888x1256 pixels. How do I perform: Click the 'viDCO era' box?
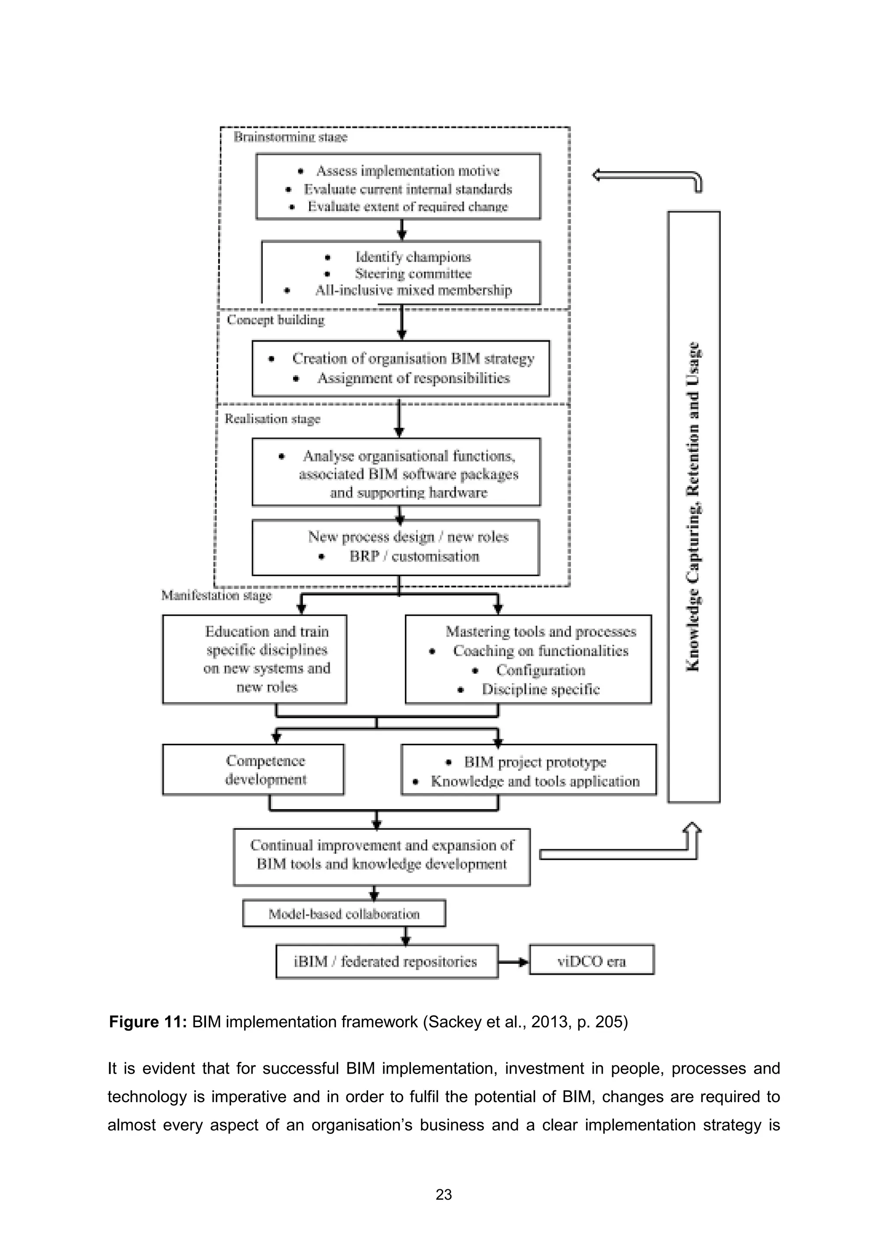[591, 962]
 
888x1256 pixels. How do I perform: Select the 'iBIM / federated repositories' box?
[386, 962]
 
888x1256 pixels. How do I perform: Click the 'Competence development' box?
[253, 770]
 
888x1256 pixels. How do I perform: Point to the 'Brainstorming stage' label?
[291, 137]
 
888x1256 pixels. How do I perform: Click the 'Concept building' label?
[276, 320]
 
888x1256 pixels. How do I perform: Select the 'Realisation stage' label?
[272, 419]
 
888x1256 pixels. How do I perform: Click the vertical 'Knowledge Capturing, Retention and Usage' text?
[693, 506]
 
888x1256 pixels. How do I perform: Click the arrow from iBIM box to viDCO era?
[513, 962]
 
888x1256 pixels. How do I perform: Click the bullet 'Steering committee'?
[413, 273]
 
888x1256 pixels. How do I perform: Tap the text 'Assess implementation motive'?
[408, 171]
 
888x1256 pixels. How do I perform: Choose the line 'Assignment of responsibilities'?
[414, 378]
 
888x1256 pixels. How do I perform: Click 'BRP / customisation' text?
[414, 556]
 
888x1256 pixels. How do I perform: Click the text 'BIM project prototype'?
[535, 762]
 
